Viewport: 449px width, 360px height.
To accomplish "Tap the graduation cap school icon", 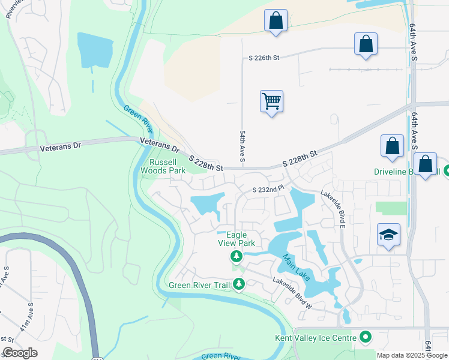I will pos(388,234).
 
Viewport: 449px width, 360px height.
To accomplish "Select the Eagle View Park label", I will pos(237,239).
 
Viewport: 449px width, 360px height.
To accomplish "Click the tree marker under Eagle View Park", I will pos(237,257).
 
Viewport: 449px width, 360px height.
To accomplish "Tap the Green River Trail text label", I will pos(199,285).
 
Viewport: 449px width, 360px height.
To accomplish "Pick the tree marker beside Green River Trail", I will pos(239,284).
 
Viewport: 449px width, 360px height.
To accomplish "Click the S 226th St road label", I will pos(265,58).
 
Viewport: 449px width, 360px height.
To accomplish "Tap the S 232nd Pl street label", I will pos(267,190).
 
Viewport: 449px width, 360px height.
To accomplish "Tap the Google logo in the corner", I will pos(20,353).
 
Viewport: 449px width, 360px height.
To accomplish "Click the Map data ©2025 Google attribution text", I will pos(411,355).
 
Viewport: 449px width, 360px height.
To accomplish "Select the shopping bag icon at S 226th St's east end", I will pos(366,44).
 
